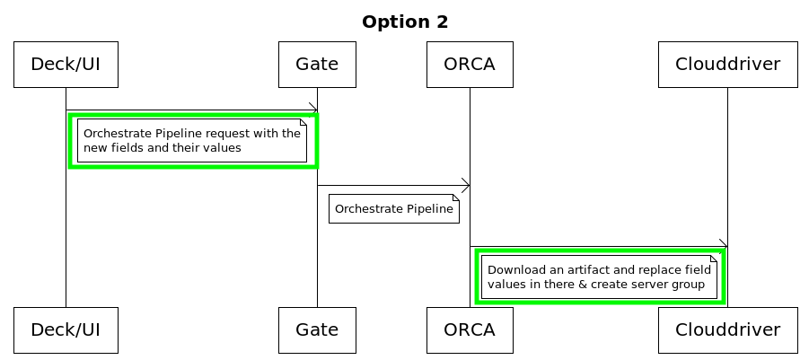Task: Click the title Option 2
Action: click(x=405, y=22)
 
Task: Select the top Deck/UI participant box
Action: click(x=66, y=65)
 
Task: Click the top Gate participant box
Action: click(x=317, y=65)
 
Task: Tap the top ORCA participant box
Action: click(x=470, y=65)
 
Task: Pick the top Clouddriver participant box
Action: click(x=727, y=65)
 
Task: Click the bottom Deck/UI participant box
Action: click(x=66, y=329)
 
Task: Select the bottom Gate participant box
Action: click(x=317, y=329)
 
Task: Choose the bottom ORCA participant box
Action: click(x=470, y=329)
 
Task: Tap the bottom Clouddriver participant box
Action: click(x=727, y=329)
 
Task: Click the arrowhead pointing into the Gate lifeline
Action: click(x=312, y=110)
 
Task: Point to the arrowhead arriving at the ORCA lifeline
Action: click(x=465, y=186)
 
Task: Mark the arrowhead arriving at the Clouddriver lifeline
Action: click(x=723, y=246)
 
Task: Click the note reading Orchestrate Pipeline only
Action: click(x=393, y=209)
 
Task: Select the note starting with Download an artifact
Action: click(x=599, y=277)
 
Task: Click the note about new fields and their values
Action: click(x=191, y=141)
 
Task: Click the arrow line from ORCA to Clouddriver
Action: click(x=593, y=246)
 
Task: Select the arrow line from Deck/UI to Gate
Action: click(x=189, y=110)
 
